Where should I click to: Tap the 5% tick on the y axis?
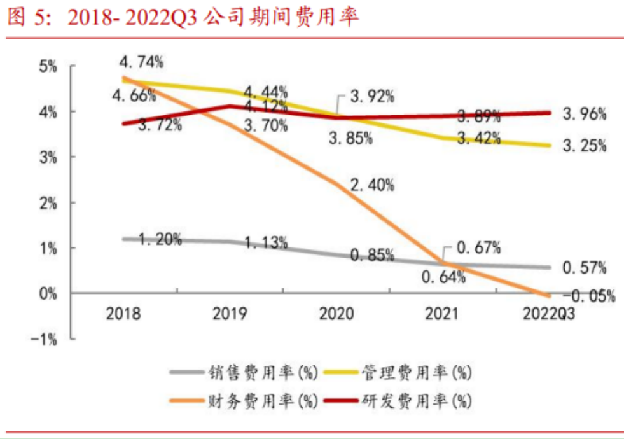tap(50, 66)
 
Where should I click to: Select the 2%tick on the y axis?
tap(50, 203)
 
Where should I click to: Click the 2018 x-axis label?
tap(123, 314)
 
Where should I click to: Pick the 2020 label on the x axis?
tap(337, 314)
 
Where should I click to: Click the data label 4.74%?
tap(141, 62)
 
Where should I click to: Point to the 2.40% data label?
tap(372, 186)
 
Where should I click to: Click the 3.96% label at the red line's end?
tap(585, 115)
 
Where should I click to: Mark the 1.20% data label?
tap(160, 240)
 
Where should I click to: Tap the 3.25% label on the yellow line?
tap(585, 146)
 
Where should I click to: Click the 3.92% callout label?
tap(372, 97)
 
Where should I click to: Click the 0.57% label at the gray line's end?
tap(585, 268)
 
